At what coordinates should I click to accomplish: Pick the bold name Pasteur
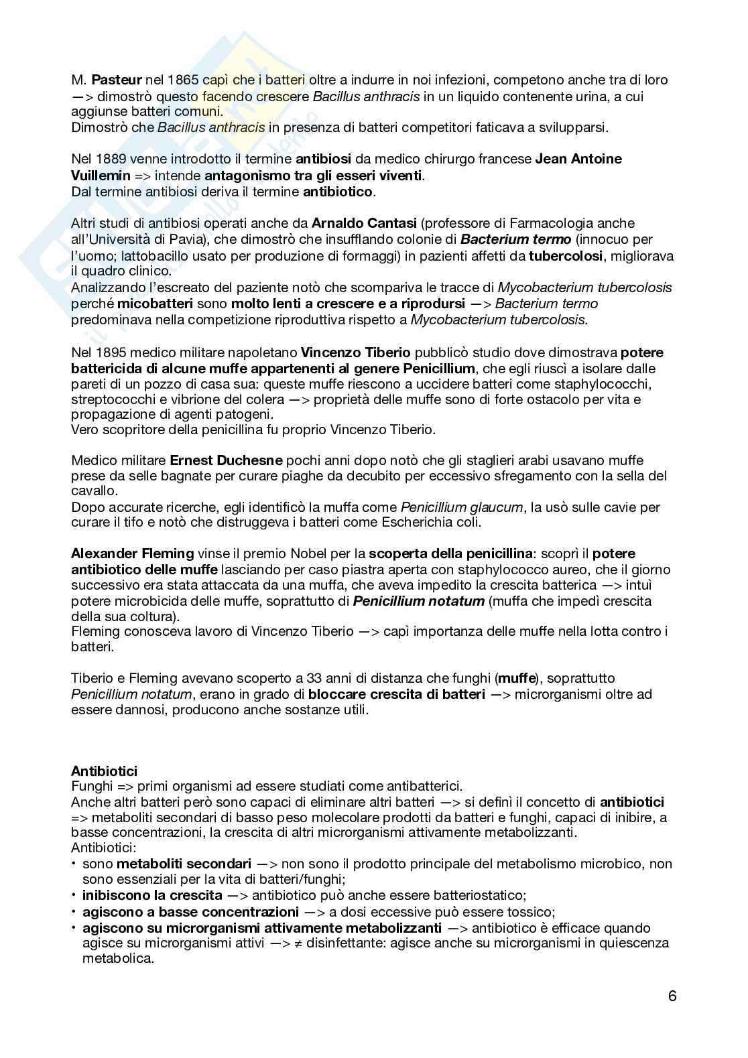click(x=117, y=80)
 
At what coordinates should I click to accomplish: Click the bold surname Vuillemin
click(x=100, y=176)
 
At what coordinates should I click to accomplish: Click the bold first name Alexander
click(x=104, y=553)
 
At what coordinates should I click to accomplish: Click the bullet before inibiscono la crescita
click(x=74, y=895)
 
